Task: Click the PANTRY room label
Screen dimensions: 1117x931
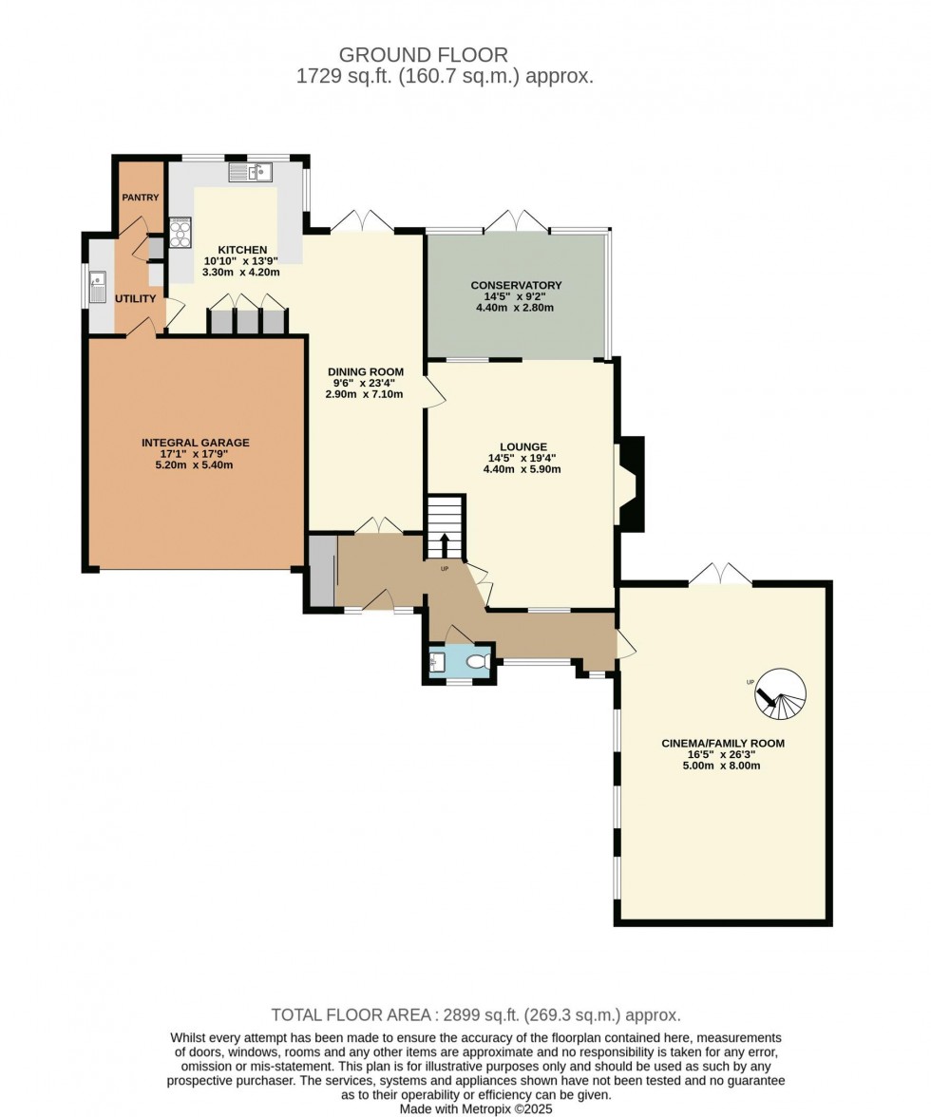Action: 140,198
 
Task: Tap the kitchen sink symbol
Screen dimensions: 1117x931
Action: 251,172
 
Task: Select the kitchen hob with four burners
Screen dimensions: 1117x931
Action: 180,232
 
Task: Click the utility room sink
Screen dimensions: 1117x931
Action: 98,285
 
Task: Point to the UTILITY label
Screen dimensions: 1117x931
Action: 136,298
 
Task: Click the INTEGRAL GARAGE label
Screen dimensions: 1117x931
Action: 195,443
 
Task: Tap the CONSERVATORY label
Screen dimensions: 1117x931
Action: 517,285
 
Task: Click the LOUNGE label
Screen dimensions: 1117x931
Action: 523,446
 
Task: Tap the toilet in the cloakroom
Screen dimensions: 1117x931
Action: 480,661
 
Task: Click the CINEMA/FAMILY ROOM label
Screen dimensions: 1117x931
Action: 723,744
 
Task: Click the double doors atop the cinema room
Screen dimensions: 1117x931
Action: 720,574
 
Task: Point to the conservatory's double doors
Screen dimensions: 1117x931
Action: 516,220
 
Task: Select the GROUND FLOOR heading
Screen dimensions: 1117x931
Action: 424,55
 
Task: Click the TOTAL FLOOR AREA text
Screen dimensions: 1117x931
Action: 475,1014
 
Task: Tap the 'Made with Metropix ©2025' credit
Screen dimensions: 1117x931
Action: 475,1108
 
